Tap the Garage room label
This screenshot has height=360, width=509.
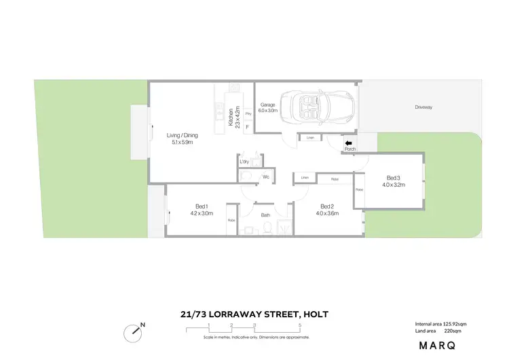pyautogui.click(x=268, y=105)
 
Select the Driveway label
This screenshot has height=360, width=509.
pyautogui.click(x=425, y=107)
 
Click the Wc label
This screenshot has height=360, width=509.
pyautogui.click(x=266, y=177)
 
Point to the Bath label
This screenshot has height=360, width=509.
pyautogui.click(x=266, y=216)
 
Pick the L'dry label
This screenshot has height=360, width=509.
pyautogui.click(x=244, y=162)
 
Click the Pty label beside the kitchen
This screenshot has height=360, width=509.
pyautogui.click(x=248, y=113)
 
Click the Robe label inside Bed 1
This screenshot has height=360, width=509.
pyautogui.click(x=231, y=221)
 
